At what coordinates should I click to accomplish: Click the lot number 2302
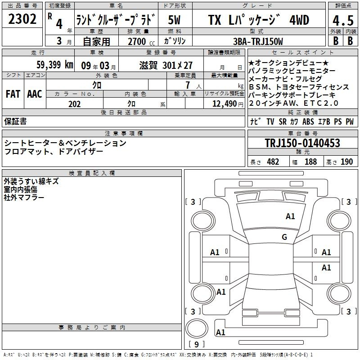pyautogui.click(x=22, y=19)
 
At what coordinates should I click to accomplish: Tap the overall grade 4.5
pyautogui.click(x=343, y=20)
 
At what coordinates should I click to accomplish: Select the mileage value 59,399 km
pyautogui.click(x=55, y=65)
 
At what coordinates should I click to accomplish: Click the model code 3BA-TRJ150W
pyautogui.click(x=258, y=41)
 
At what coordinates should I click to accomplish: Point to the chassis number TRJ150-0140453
pyautogui.click(x=302, y=143)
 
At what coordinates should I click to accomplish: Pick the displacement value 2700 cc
pyautogui.click(x=141, y=41)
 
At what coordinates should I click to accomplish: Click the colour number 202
pyautogui.click(x=74, y=104)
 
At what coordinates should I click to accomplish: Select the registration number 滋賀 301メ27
pyautogui.click(x=166, y=65)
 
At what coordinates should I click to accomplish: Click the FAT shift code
pyautogui.click(x=13, y=94)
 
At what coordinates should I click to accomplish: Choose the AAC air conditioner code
pyautogui.click(x=35, y=94)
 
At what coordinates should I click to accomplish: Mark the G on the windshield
pyautogui.click(x=284, y=237)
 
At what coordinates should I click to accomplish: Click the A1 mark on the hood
pyautogui.click(x=290, y=216)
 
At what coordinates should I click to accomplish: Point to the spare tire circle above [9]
pyautogui.click(x=197, y=328)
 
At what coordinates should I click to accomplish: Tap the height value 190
pyautogui.click(x=346, y=162)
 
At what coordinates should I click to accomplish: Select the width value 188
pyautogui.click(x=310, y=162)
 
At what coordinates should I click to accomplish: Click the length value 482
pyautogui.click(x=273, y=162)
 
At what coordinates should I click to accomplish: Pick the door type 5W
pyautogui.click(x=174, y=20)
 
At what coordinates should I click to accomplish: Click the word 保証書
pyautogui.click(x=15, y=121)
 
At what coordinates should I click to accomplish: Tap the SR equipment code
pyautogui.click(x=283, y=121)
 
